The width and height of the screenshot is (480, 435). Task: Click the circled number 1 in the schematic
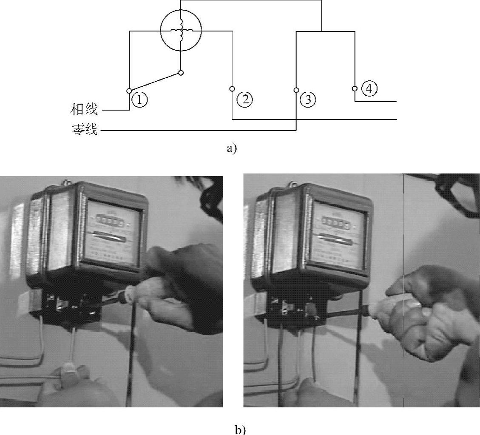pyautogui.click(x=139, y=100)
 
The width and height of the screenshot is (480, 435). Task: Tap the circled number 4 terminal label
pyautogui.click(x=368, y=88)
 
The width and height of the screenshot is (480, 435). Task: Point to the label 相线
pyautogui.click(x=84, y=109)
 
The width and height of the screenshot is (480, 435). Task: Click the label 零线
pyautogui.click(x=85, y=128)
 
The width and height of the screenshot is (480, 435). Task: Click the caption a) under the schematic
pyautogui.click(x=232, y=148)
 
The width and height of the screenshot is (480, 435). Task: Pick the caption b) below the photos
pyautogui.click(x=240, y=429)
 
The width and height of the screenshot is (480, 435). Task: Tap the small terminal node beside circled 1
pyautogui.click(x=129, y=91)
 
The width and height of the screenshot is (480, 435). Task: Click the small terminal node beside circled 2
pyautogui.click(x=232, y=89)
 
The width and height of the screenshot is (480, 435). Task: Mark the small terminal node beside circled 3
pyautogui.click(x=296, y=90)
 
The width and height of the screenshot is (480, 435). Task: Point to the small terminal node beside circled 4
pyautogui.click(x=355, y=88)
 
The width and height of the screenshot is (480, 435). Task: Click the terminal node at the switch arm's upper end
pyautogui.click(x=181, y=73)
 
